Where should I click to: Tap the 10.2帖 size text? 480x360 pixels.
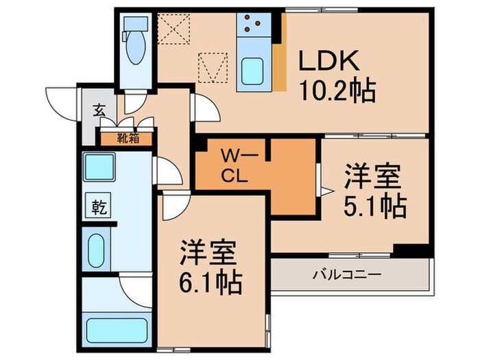[x=337, y=90]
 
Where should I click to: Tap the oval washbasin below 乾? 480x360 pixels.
[x=96, y=246]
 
